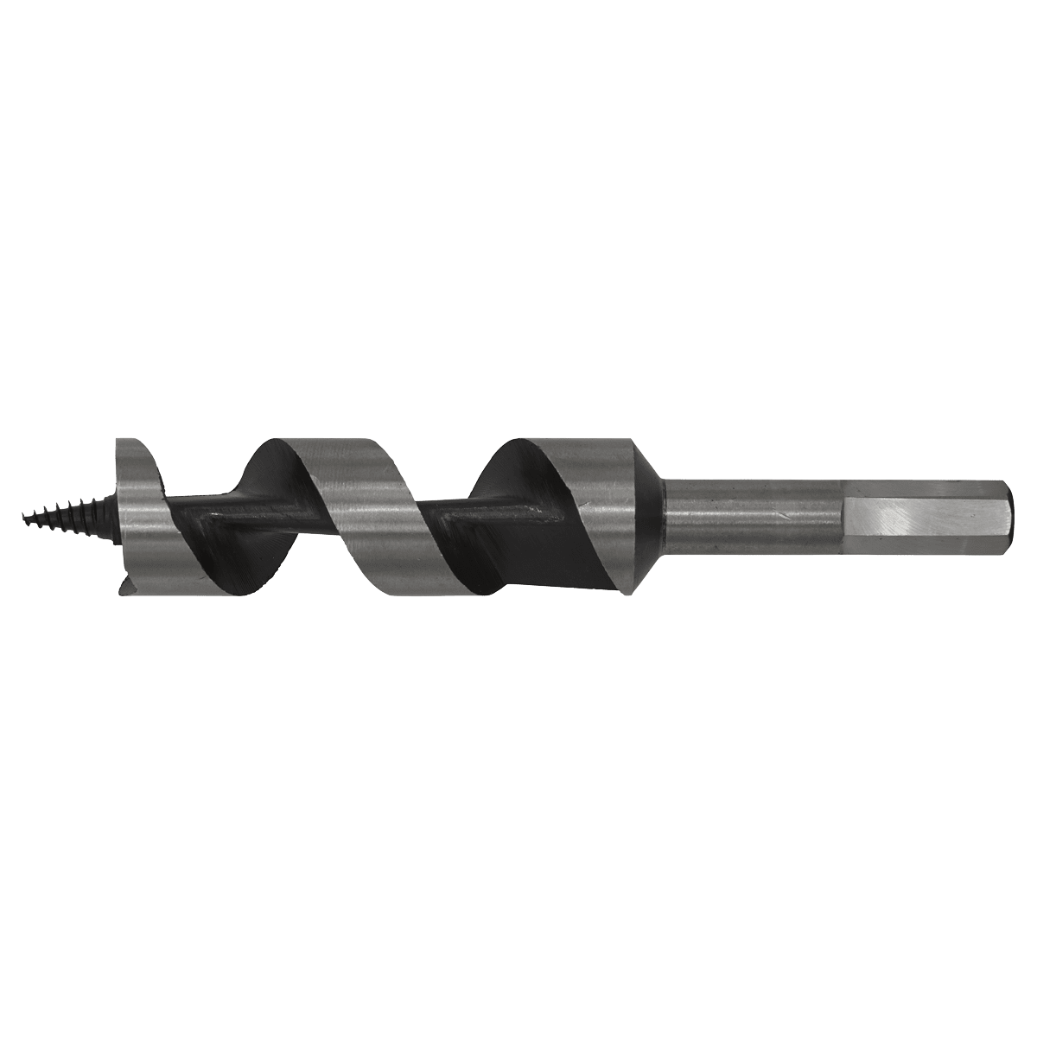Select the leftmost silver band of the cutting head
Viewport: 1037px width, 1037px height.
[x=138, y=510]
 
